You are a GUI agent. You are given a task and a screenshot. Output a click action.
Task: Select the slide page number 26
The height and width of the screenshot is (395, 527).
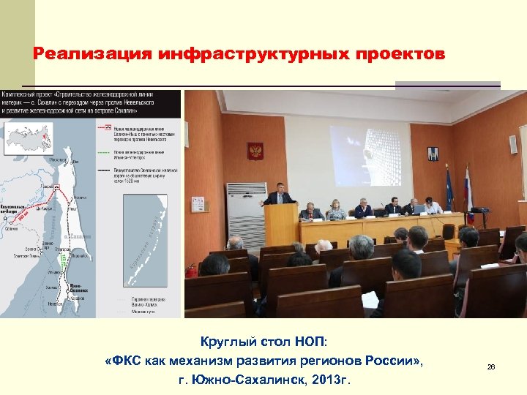[x=491, y=366]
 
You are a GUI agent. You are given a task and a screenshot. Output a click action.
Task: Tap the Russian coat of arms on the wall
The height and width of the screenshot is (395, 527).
[x=255, y=151]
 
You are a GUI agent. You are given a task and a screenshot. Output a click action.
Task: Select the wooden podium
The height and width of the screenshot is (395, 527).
[x=281, y=225]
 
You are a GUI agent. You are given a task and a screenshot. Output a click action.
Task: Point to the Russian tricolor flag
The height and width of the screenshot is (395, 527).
[x=469, y=194]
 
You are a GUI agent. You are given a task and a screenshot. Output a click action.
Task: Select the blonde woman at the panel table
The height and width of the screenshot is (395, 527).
[x=336, y=209]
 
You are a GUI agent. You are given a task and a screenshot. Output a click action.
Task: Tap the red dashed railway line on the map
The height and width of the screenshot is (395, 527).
[x=69, y=197]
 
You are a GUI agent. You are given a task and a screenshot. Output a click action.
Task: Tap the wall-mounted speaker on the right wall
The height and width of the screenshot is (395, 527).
[x=514, y=144]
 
